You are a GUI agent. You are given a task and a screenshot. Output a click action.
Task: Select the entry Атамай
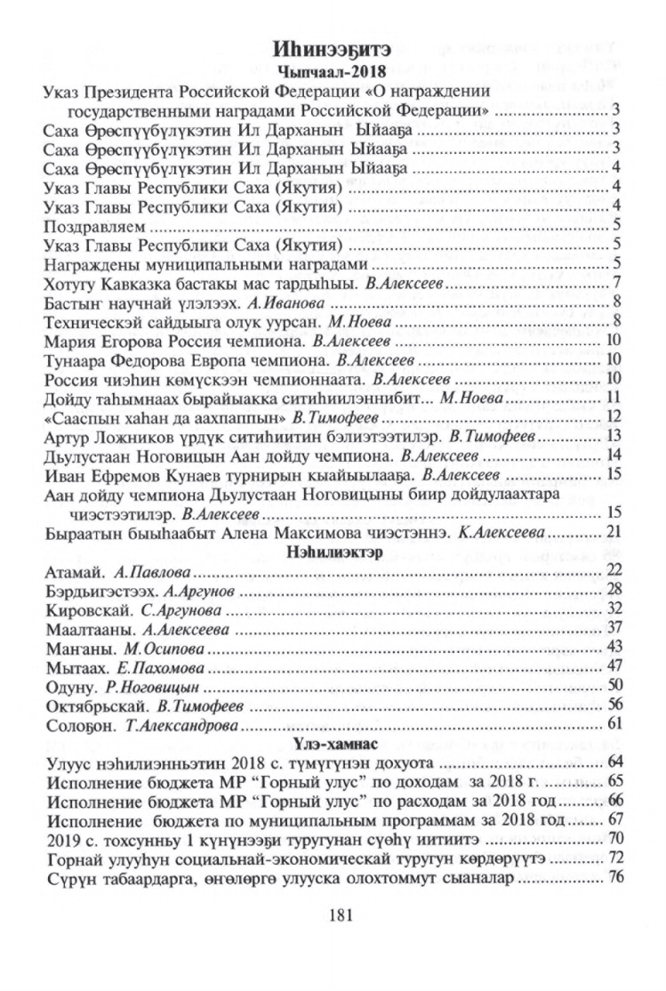click(x=68, y=571)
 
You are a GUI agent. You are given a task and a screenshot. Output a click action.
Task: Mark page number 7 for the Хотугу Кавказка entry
click(x=614, y=284)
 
